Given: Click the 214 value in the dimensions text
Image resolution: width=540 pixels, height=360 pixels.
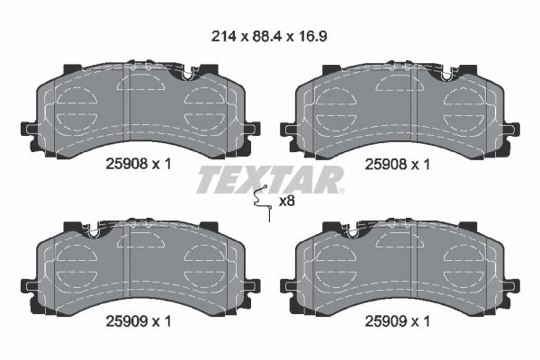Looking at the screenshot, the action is (223, 36).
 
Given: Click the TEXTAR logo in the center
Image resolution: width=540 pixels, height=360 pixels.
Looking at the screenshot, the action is (270, 179).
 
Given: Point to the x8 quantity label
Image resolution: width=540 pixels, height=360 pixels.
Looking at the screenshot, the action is (287, 202).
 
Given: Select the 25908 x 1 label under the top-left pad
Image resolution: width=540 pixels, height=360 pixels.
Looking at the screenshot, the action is (139, 165).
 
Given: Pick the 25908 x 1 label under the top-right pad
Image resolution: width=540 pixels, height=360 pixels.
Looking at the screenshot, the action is (398, 165).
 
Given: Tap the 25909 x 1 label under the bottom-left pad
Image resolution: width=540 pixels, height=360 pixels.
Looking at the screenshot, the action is (139, 322).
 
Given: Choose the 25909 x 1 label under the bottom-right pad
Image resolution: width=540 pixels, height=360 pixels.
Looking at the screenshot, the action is (398, 322).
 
